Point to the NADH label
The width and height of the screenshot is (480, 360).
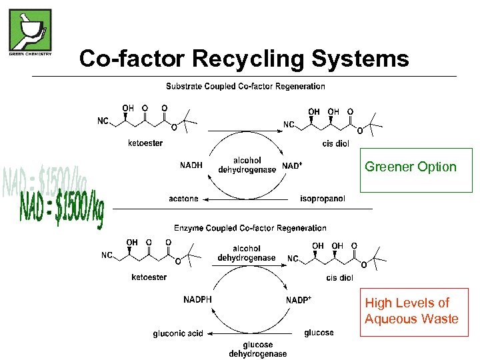[192, 165]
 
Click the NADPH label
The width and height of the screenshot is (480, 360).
[197, 299]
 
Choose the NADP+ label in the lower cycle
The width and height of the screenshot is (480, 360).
[299, 300]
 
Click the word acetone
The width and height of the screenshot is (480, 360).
[183, 199]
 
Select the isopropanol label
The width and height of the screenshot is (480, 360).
[322, 199]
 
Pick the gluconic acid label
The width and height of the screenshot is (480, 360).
[177, 333]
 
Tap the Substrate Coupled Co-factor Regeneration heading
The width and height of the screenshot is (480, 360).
[245, 86]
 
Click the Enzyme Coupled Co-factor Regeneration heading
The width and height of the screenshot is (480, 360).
[250, 228]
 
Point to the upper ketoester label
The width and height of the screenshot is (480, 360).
[145, 143]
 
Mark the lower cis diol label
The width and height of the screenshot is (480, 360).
[340, 278]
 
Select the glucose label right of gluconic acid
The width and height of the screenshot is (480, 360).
[319, 333]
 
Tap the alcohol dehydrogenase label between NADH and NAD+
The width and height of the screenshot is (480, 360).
[247, 165]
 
